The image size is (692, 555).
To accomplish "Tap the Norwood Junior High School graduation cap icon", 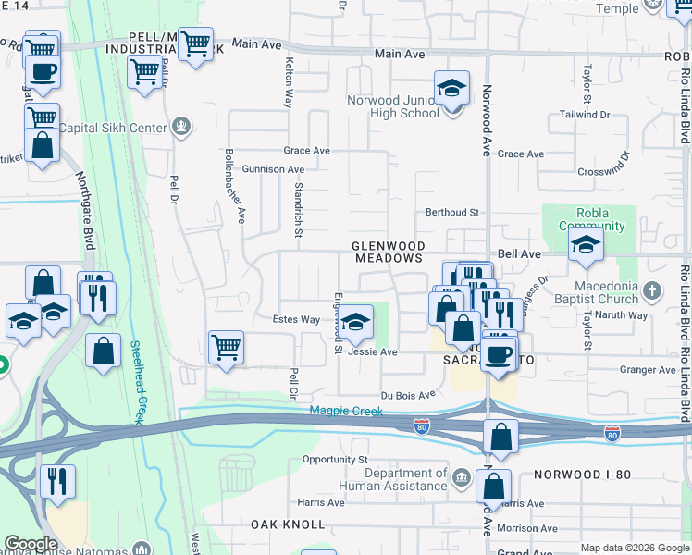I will pyautogui.click(x=452, y=89).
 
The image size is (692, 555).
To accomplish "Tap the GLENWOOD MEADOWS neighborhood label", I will pyautogui.click(x=389, y=253).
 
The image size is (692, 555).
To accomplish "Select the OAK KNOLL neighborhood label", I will pyautogui.click(x=288, y=524).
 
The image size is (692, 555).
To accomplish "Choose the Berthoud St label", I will pyautogui.click(x=451, y=212).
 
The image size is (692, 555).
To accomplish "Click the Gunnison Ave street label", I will pyautogui.click(x=273, y=169).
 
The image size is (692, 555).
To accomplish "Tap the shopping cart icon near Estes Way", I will pyautogui.click(x=226, y=348).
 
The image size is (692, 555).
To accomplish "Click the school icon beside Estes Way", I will pyautogui.click(x=352, y=323).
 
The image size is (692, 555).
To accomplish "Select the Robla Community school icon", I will pyautogui.click(x=586, y=245).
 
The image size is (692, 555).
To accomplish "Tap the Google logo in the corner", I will pyautogui.click(x=31, y=544).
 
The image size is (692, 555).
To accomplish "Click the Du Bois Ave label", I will pyautogui.click(x=408, y=394).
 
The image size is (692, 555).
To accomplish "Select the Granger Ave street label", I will pyautogui.click(x=648, y=370).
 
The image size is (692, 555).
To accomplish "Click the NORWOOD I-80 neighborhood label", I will pyautogui.click(x=582, y=475).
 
